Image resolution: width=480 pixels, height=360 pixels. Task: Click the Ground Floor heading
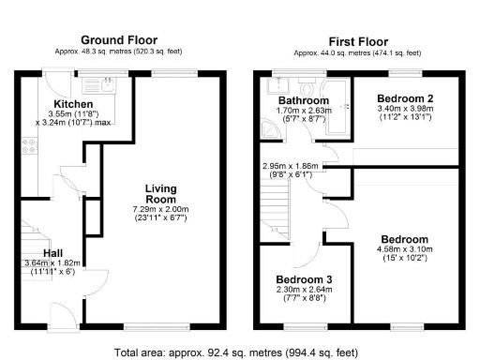(119, 39)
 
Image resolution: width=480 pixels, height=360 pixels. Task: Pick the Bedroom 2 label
(403, 97)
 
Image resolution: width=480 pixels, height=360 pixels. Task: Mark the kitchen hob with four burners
(29, 146)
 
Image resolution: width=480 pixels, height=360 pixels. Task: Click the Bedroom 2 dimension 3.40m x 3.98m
(403, 113)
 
